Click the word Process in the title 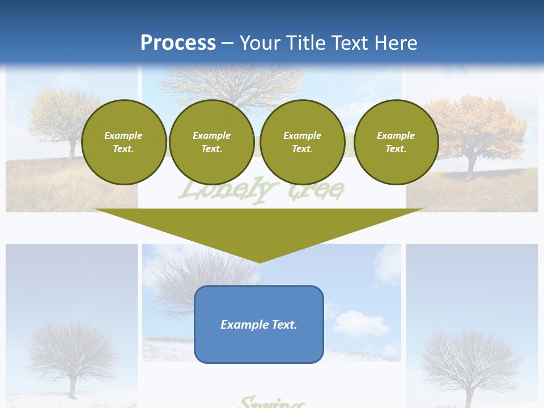(x=178, y=42)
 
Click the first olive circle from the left (x=124, y=142)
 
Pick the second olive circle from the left (x=211, y=142)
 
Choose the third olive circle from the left (x=302, y=142)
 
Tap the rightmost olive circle (x=396, y=142)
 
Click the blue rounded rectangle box (x=259, y=324)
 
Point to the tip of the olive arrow (x=259, y=261)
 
